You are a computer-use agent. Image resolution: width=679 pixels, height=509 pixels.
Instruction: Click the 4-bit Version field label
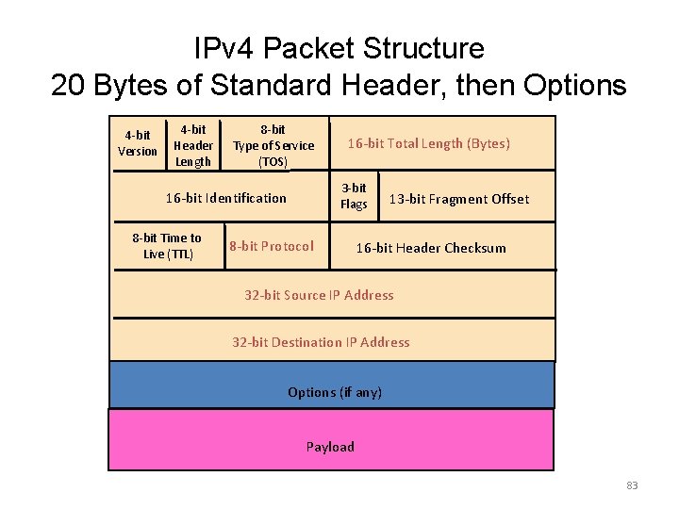tap(138, 143)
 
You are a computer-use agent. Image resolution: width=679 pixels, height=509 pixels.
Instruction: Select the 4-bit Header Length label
tap(193, 145)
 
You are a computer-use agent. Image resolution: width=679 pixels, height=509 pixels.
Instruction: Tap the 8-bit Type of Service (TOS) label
tap(273, 145)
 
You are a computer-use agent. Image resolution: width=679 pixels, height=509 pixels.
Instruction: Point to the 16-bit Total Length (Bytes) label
tap(429, 143)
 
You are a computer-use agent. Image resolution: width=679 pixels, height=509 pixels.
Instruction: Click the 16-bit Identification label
tap(225, 198)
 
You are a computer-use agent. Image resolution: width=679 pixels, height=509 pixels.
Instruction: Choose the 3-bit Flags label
tap(354, 196)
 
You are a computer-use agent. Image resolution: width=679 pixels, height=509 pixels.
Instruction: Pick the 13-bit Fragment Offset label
tap(459, 199)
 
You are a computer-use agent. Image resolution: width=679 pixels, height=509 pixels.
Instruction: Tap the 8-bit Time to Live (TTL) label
tap(167, 246)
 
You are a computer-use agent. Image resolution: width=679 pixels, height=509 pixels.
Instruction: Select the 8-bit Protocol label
tap(272, 246)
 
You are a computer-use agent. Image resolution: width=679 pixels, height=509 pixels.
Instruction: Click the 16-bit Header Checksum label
tap(430, 248)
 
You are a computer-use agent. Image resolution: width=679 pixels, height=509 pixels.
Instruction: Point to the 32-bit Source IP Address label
tap(319, 295)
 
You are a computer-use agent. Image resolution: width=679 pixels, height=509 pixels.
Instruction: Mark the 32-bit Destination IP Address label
tap(321, 342)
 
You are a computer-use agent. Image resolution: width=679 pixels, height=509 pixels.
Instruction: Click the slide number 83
tap(632, 485)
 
